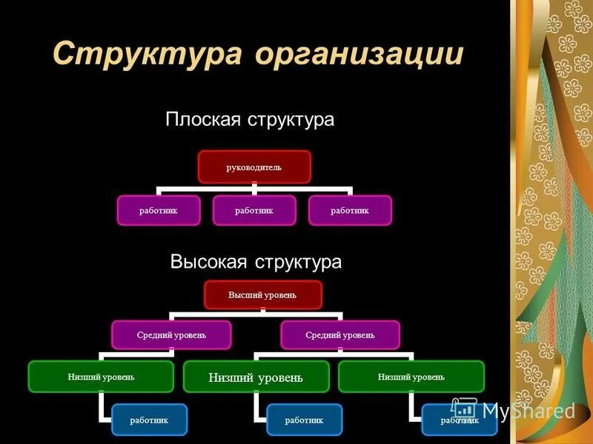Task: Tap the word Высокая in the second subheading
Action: (210, 262)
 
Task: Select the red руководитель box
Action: (254, 166)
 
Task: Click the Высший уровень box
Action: (263, 295)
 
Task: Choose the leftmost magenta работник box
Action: (159, 210)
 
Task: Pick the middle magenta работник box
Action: (254, 210)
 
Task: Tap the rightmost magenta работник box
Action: (350, 210)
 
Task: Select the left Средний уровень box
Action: (171, 334)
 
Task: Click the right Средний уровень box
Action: (340, 334)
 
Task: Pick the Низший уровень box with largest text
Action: (256, 377)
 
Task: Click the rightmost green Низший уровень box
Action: (411, 377)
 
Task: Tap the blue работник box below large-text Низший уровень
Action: (305, 420)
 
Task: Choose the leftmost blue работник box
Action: (149, 420)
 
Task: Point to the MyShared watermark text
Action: (528, 411)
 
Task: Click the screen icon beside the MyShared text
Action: (465, 409)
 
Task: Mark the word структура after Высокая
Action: (298, 262)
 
